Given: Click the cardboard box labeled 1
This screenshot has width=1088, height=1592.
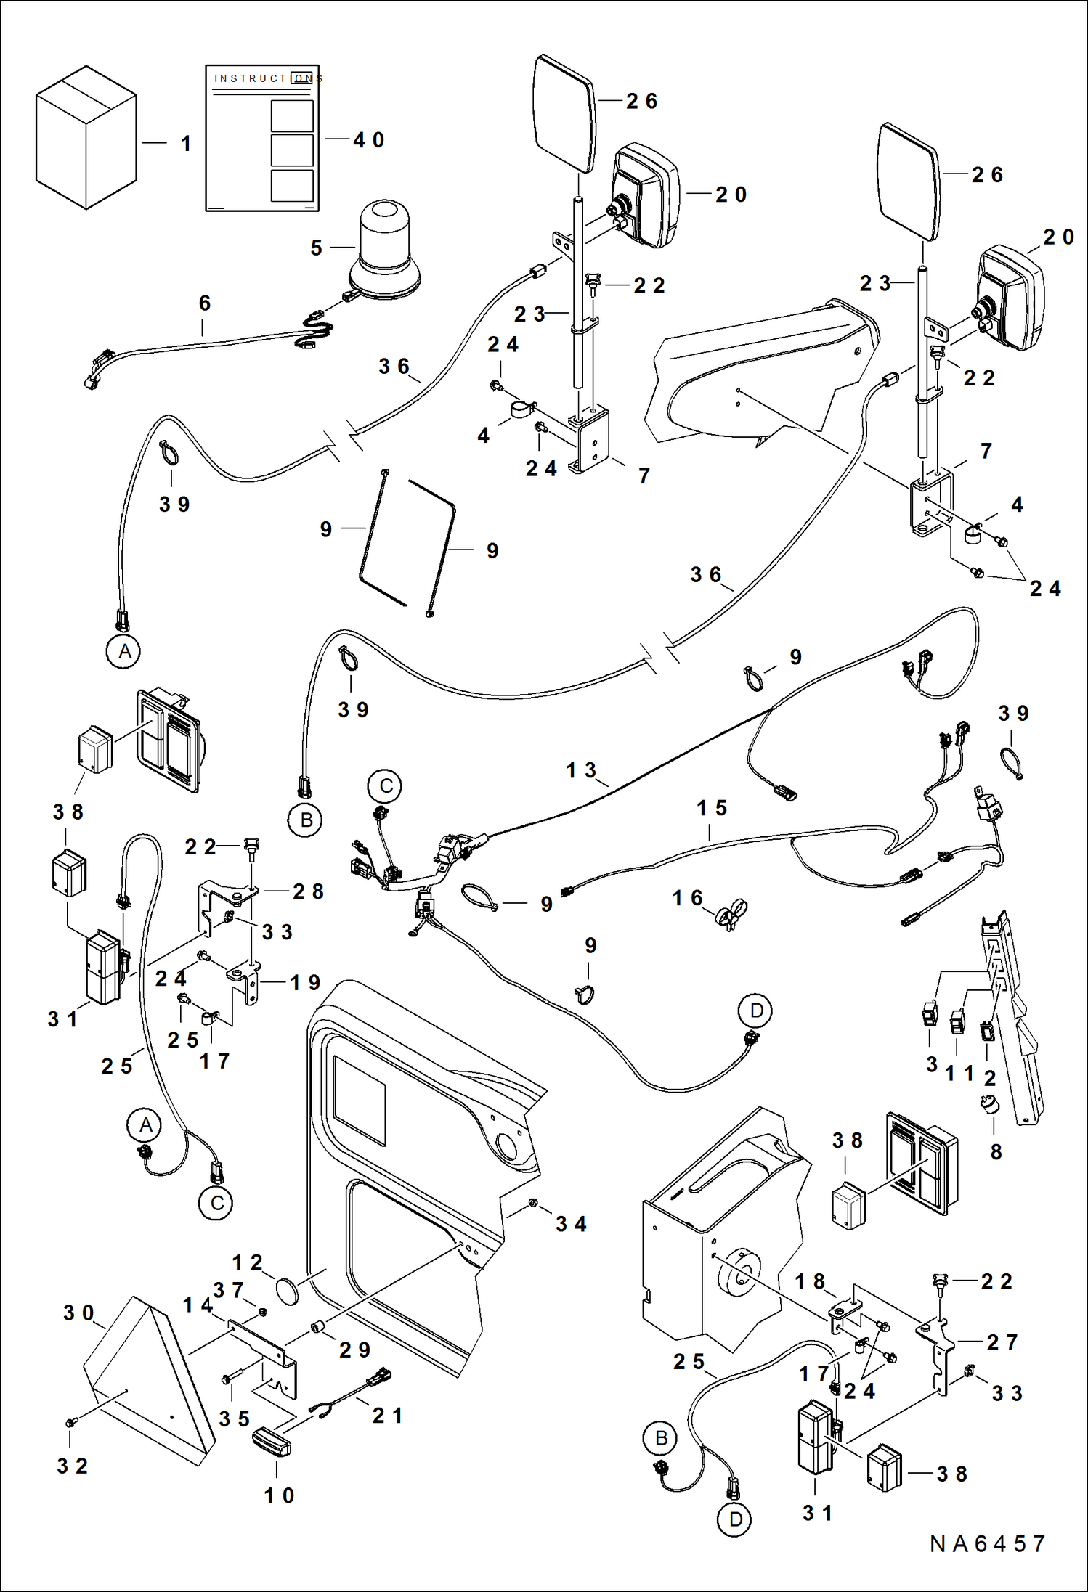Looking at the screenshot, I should (x=86, y=138).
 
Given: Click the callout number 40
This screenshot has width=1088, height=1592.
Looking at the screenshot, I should (x=368, y=140).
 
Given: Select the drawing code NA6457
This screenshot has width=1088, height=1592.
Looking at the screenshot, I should (x=987, y=1543).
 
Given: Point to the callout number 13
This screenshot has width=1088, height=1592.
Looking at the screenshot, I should (x=581, y=770).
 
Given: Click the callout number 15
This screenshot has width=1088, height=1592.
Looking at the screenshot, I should (x=711, y=808).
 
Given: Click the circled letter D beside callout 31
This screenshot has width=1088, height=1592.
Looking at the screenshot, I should (x=736, y=1519).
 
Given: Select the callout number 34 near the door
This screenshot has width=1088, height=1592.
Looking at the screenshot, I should (x=571, y=1224).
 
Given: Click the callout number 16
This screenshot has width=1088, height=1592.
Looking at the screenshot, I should (x=687, y=899).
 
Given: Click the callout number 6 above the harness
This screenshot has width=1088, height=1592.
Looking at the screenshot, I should (x=205, y=303).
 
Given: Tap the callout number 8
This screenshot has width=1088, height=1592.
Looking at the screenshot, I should (x=996, y=1152).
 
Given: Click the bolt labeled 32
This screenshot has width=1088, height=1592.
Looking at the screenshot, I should (x=70, y=1420).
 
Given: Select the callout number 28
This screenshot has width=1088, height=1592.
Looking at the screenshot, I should (x=308, y=891).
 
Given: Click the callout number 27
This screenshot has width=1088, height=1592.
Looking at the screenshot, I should (x=1002, y=1342).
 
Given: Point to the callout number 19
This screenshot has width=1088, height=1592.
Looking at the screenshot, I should (x=305, y=983).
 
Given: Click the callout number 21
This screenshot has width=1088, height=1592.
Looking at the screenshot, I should (x=387, y=1415).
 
